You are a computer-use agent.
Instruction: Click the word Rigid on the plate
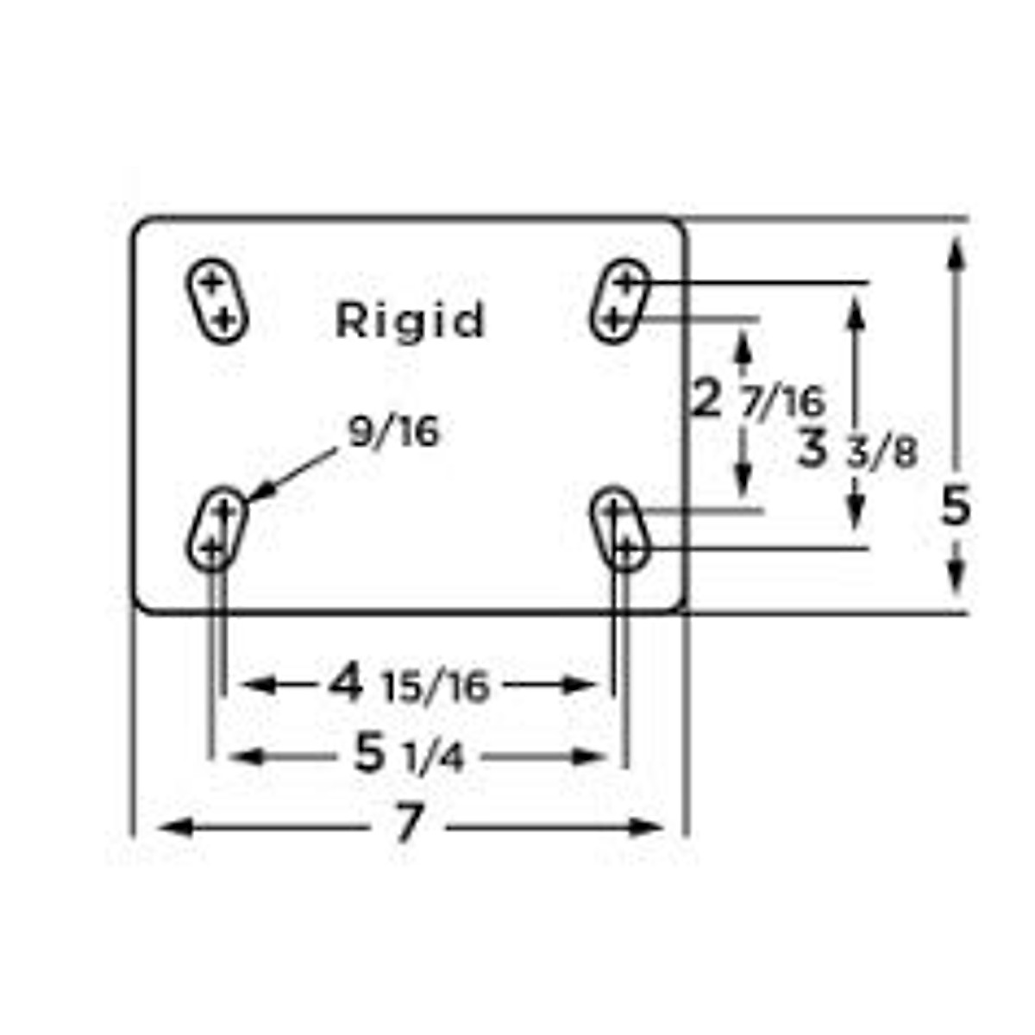point(411,320)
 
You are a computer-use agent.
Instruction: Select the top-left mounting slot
point(217,301)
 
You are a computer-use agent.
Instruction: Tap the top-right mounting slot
point(619,301)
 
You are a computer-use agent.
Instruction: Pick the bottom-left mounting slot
point(216,528)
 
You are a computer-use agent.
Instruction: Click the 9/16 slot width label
point(393,431)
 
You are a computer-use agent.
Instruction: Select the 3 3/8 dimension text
point(856,449)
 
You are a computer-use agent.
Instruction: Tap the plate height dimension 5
point(955,506)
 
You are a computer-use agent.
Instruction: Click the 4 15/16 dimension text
point(410,686)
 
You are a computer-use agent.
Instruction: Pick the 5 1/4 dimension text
point(410,756)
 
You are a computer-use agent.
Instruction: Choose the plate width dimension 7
point(409,824)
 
